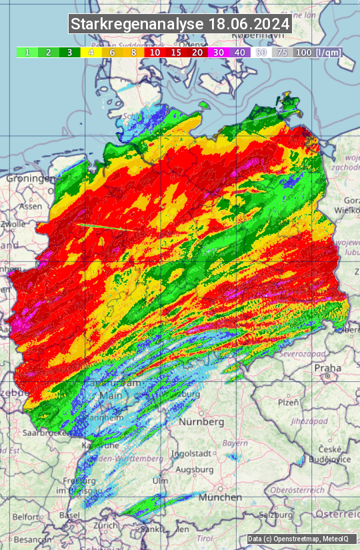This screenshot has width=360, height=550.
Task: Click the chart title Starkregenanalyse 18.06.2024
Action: tap(180, 25)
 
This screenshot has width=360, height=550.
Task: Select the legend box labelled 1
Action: tap(27, 52)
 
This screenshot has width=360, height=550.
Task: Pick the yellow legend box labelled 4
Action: tap(90, 52)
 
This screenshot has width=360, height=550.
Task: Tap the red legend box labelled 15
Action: tap(176, 52)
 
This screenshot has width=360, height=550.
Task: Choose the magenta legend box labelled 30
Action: tap(219, 52)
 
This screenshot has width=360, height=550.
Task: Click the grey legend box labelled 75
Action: tap(283, 52)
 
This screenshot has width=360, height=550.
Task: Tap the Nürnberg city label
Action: tap(201, 422)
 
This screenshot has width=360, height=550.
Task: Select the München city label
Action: tap(220, 497)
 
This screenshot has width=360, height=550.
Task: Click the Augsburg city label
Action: tap(194, 469)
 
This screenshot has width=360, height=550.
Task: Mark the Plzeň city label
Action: tap(288, 403)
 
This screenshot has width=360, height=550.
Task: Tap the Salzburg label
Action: tap(277, 514)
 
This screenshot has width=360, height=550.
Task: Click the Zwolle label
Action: tap(13, 224)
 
